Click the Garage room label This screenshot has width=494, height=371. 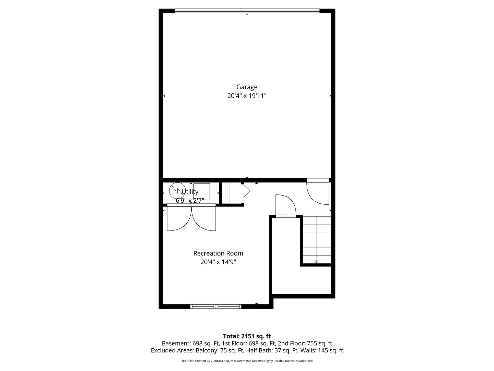(x=247, y=87)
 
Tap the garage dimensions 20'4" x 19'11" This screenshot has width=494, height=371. (x=247, y=96)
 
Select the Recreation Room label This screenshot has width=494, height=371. (x=218, y=253)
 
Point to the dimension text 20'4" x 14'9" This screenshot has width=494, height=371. (x=218, y=262)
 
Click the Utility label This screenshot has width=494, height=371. (x=190, y=192)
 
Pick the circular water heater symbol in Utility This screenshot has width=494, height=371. (x=177, y=190)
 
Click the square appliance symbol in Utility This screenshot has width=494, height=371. (x=202, y=191)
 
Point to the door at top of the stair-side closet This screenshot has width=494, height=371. (x=286, y=206)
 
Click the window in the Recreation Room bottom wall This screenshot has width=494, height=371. (x=216, y=306)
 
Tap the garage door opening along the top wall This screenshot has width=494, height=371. (x=247, y=11)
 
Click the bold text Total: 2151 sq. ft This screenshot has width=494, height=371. (x=247, y=336)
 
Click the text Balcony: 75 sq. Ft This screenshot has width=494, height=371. (x=220, y=350)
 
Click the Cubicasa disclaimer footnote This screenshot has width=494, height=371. (x=247, y=361)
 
